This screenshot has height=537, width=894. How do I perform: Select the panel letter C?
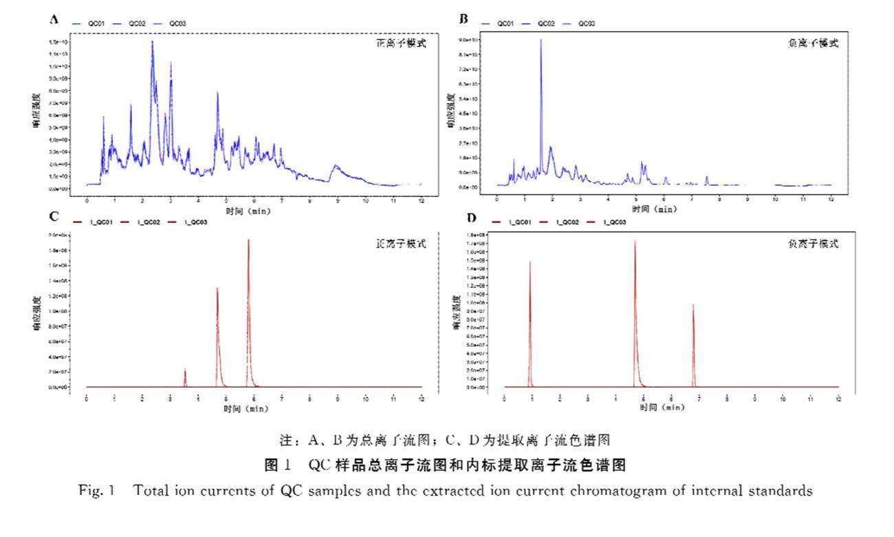pos(54,215)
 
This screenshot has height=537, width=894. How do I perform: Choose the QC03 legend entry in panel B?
pos(587,23)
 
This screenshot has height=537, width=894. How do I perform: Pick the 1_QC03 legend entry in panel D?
pos(614,222)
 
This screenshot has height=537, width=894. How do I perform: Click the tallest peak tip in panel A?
pos(152,41)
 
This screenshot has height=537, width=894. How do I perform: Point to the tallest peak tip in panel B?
pos(541,40)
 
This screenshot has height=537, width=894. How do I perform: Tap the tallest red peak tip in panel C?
pos(248,240)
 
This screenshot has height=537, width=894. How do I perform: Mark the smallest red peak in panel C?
pos(185,370)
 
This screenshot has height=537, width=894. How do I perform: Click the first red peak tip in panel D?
pos(530,262)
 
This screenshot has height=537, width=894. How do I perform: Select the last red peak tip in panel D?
pos(693,305)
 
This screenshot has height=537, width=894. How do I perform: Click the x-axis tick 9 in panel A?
pos(338,200)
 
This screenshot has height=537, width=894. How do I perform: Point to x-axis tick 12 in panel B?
pos(831,200)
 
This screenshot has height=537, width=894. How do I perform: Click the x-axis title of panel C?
pos(246,408)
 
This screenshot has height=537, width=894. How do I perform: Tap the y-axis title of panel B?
pos(451,114)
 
